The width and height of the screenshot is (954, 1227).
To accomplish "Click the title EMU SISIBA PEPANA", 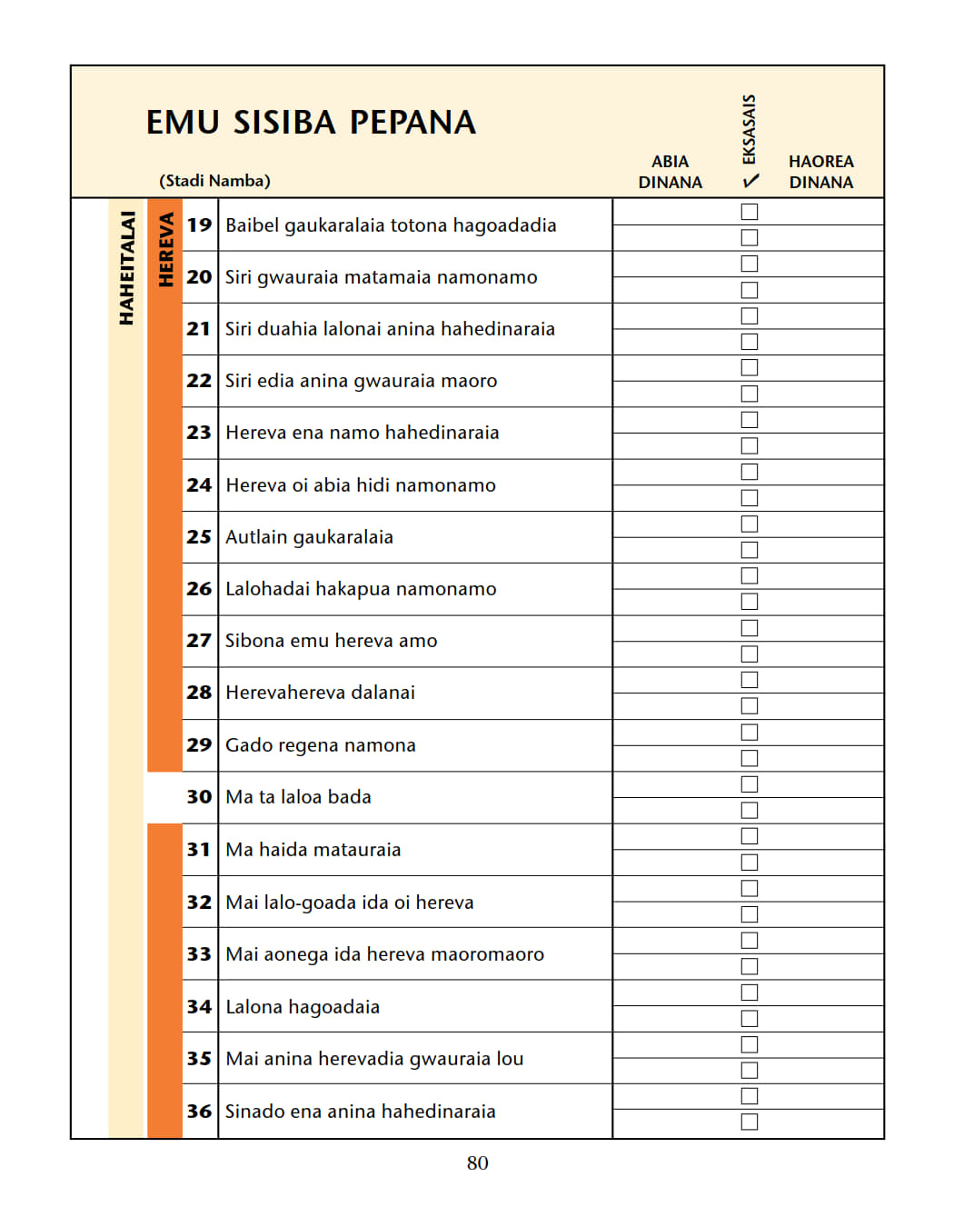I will tap(311, 123).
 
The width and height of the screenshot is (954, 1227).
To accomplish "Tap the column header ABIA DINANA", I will tap(670, 172).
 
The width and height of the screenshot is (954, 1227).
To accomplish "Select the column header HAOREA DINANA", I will tap(820, 172).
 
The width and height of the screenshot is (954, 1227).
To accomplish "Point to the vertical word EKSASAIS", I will tap(750, 129).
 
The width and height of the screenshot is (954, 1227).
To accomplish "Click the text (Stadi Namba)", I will tap(214, 181).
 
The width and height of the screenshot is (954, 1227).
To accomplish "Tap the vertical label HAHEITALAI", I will tap(127, 268).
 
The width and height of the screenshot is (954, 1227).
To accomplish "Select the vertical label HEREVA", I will tap(165, 250).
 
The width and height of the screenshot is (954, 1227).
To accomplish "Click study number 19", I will tap(199, 225).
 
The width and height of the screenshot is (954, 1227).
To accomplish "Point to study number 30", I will tap(199, 797).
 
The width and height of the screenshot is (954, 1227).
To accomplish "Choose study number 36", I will tap(199, 1112).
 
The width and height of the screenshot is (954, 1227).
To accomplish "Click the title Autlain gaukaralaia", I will tap(309, 537).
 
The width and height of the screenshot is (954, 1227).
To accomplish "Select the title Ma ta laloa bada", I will tap(298, 797).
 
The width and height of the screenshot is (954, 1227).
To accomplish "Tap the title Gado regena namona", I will tap(320, 745).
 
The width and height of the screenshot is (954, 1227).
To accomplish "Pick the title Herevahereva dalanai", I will tap(320, 693).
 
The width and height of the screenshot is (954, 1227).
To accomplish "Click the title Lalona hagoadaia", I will tap(303, 1007).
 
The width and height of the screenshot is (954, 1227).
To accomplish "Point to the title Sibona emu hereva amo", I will tap(331, 641).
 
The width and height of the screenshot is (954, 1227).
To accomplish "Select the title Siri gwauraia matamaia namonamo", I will tap(381, 277).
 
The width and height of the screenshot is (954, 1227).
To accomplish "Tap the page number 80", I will tap(477, 1163).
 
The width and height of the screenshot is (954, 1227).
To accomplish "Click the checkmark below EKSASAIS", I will tap(750, 181).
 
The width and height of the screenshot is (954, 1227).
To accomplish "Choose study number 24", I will tap(199, 485).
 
